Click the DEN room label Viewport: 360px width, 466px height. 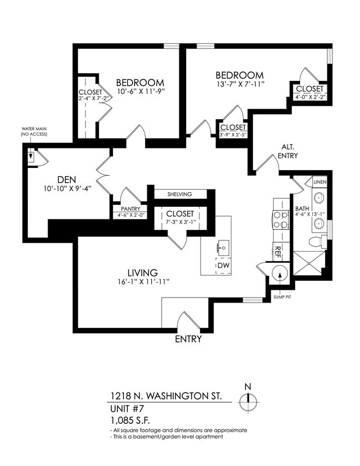click(x=66, y=179)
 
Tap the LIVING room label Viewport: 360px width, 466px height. click(x=143, y=273)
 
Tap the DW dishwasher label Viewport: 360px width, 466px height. click(x=222, y=266)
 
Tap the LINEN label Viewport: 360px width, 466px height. click(x=320, y=182)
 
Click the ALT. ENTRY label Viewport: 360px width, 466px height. click(x=288, y=151)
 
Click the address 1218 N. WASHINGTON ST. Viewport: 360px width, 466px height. click(x=165, y=396)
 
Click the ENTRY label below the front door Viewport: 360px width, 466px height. click(x=188, y=339)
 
